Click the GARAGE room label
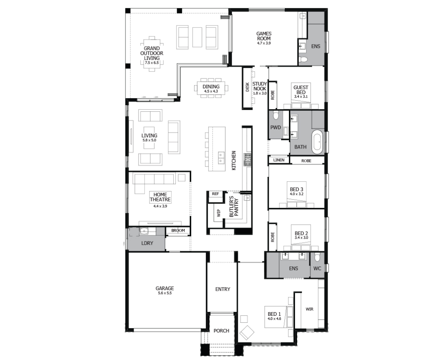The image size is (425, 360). point(165,288)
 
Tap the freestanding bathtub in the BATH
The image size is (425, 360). point(317,142)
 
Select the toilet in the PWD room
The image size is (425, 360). point(276,115)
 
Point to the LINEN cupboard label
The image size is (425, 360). point(279,160)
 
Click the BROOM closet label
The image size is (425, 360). point(178,231)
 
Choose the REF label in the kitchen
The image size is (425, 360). point(215,194)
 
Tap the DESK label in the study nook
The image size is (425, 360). point(247,87)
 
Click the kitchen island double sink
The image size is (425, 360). point(221,158)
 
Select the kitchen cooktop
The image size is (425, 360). point(247,160)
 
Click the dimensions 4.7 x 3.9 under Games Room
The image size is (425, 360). point(264,43)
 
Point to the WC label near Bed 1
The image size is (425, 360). point(317,268)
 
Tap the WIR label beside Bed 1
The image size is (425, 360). point(309,309)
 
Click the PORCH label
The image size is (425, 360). point(221,331)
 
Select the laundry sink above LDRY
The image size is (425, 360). point(144,231)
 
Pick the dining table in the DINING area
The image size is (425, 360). point(211,88)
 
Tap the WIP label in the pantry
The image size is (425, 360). point(219,213)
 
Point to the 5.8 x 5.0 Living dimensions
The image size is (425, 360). point(149,140)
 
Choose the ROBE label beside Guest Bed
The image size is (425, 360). point(273,95)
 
